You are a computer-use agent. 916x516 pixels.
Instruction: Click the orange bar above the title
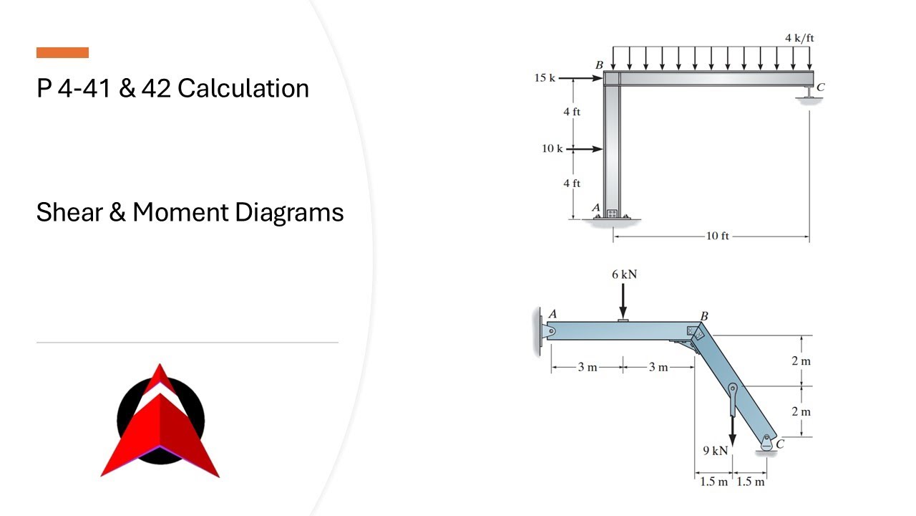click(x=62, y=53)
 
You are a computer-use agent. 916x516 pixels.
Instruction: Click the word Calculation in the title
click(x=243, y=88)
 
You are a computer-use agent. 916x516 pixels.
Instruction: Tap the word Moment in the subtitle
click(x=180, y=212)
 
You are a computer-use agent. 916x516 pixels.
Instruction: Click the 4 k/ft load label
click(x=799, y=38)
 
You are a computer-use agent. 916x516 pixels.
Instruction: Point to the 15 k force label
click(x=545, y=78)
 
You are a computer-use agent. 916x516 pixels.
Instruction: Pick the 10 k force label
click(x=552, y=148)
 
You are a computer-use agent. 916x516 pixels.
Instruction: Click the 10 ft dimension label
click(x=717, y=236)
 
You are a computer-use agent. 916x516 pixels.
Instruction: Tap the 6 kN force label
click(x=625, y=274)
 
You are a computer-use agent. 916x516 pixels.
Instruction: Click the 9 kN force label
click(x=715, y=451)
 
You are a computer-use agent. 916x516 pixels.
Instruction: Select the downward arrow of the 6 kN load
click(x=623, y=302)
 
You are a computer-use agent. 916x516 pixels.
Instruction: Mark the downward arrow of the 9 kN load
click(x=732, y=430)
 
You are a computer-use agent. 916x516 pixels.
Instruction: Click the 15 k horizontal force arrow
click(x=580, y=78)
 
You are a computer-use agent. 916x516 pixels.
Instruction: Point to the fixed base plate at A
click(x=612, y=216)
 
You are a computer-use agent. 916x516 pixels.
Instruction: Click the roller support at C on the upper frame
click(x=809, y=92)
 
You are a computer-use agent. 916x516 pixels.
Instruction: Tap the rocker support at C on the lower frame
click(x=766, y=444)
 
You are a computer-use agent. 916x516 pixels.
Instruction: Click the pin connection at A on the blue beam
click(x=550, y=330)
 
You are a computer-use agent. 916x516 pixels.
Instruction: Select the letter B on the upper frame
click(x=599, y=65)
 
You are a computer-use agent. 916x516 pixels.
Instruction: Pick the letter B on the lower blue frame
click(x=704, y=316)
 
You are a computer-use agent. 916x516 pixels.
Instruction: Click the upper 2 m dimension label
click(x=801, y=360)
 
